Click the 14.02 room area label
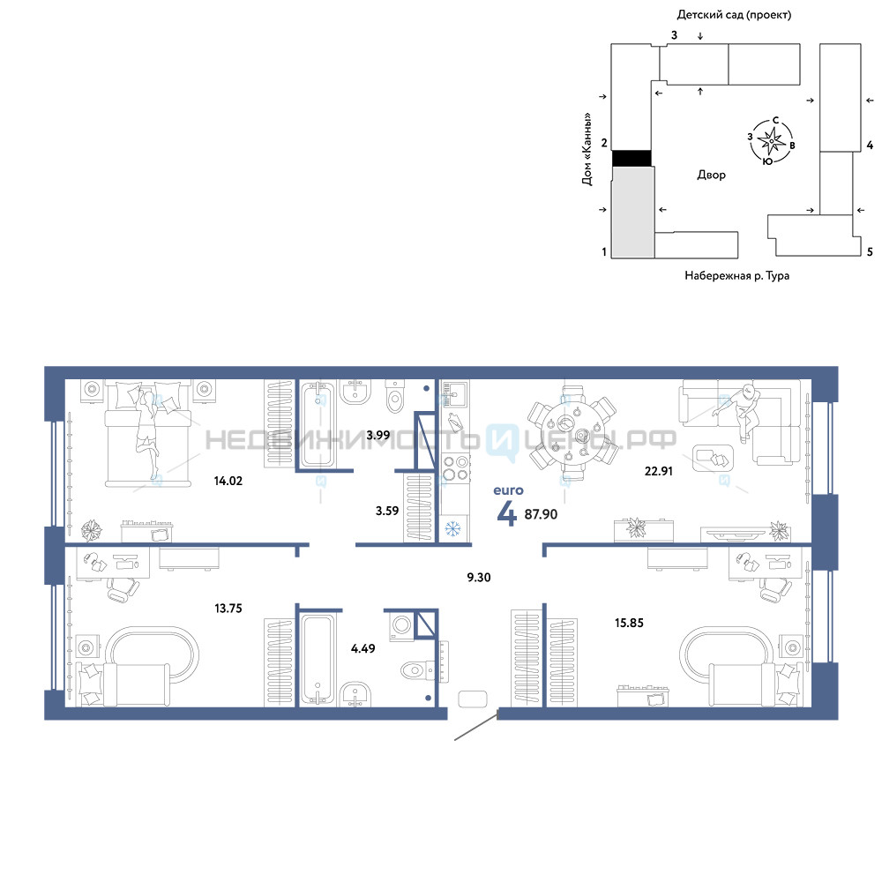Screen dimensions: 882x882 click(228, 481)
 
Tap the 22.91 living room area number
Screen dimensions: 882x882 click(658, 471)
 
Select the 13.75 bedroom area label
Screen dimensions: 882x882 click(228, 608)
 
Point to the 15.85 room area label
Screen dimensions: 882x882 click(629, 623)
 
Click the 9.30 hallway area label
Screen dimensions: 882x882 click(479, 577)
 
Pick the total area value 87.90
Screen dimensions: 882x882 click(541, 514)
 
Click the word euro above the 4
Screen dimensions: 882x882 click(508, 490)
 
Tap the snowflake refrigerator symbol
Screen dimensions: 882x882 click(452, 528)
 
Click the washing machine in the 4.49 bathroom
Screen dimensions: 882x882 click(401, 625)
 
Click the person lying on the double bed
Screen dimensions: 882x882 click(146, 433)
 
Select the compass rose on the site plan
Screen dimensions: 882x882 click(771, 140)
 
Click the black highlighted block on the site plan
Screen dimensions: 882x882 click(632, 158)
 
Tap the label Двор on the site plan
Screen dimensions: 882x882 click(711, 175)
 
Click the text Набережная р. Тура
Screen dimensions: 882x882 click(736, 275)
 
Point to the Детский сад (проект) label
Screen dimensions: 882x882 click(734, 15)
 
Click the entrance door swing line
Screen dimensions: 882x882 click(476, 726)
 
